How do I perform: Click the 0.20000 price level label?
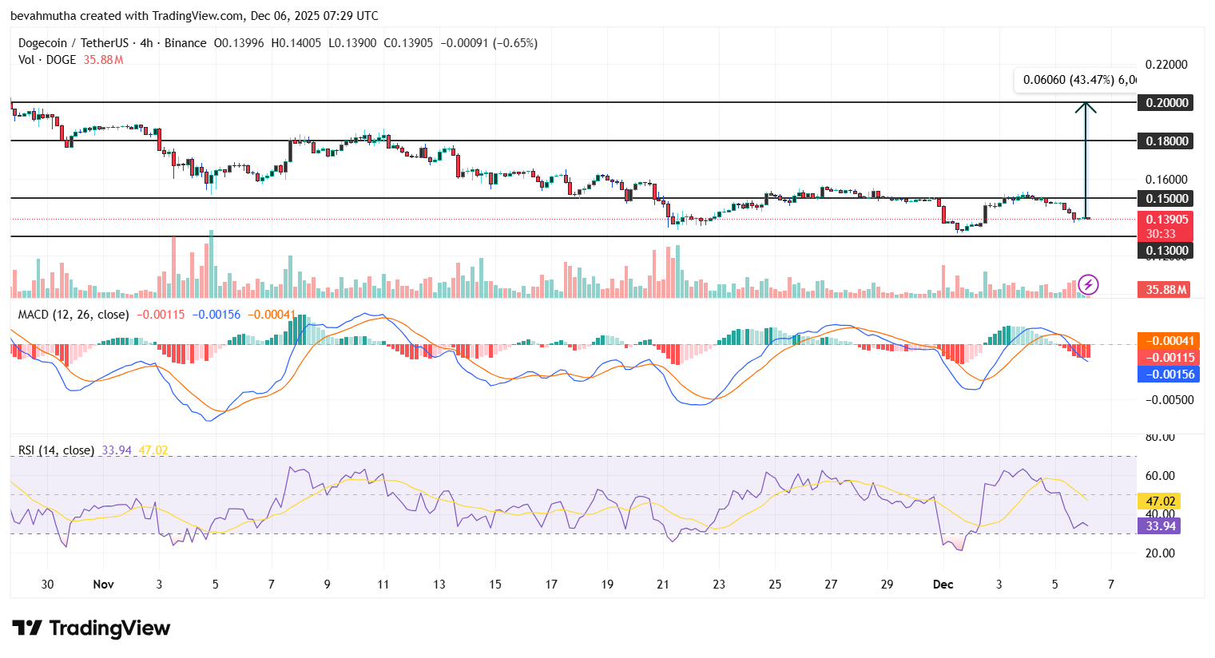click(1166, 102)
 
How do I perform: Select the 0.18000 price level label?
click(1166, 141)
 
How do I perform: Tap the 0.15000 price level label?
click(1166, 198)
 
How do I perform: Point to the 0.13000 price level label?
click(1166, 251)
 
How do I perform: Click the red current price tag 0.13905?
click(1166, 220)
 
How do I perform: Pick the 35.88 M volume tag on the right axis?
click(1164, 289)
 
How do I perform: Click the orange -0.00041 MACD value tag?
click(1168, 341)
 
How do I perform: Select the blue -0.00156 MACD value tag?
click(1168, 375)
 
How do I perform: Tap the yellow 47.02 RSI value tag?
click(1159, 501)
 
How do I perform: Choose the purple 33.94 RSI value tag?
click(1159, 525)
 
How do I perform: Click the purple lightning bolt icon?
click(1088, 284)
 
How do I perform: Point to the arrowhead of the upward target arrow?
click(1085, 106)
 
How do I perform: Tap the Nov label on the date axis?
click(103, 585)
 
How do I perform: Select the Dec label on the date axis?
click(943, 585)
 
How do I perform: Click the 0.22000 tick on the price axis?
click(1166, 65)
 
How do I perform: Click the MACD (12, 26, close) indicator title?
click(73, 315)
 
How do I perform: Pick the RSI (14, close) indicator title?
click(56, 450)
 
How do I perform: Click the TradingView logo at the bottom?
click(91, 628)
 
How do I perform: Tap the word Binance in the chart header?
click(185, 43)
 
